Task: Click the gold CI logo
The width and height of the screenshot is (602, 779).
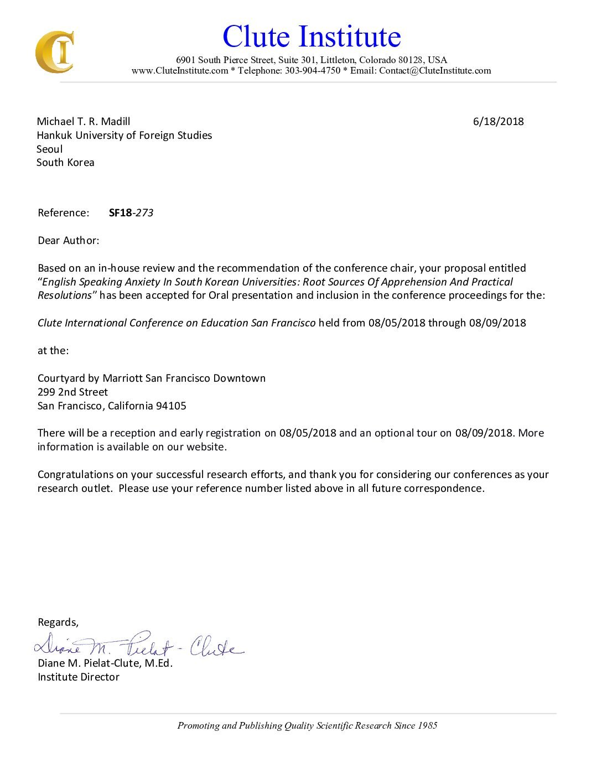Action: pyautogui.click(x=54, y=52)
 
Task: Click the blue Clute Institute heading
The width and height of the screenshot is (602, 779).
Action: pyautogui.click(x=312, y=37)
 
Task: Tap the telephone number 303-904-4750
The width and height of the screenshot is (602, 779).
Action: pyautogui.click(x=313, y=71)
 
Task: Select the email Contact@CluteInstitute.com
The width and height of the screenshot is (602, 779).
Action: pyautogui.click(x=435, y=71)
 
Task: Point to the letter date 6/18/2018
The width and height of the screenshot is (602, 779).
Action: pyautogui.click(x=498, y=122)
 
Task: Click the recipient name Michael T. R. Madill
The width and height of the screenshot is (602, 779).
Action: pyautogui.click(x=84, y=122)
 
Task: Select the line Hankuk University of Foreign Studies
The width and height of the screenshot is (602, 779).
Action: pyautogui.click(x=124, y=136)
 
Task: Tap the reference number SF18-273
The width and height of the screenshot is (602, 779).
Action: pyautogui.click(x=131, y=213)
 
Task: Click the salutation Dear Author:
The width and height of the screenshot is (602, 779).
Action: pyautogui.click(x=69, y=241)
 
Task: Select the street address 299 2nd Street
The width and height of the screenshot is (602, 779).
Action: pyautogui.click(x=72, y=392)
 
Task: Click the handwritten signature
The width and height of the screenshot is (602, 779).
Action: pyautogui.click(x=138, y=645)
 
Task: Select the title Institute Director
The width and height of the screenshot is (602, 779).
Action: pyautogui.click(x=79, y=677)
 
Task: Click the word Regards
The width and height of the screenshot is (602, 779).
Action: pyautogui.click(x=58, y=622)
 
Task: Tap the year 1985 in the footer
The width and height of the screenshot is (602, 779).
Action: pyautogui.click(x=427, y=726)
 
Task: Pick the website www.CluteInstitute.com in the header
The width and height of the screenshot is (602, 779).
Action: pyautogui.click(x=180, y=71)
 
